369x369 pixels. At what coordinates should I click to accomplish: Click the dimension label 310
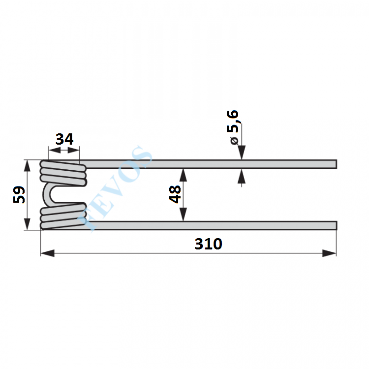tap(208, 244)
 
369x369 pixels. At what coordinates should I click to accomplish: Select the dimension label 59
tap(19, 195)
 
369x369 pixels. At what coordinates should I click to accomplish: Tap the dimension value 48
tap(175, 194)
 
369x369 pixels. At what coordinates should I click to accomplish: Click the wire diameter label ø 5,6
tap(233, 127)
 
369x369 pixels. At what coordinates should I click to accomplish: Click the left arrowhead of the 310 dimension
tap(47, 253)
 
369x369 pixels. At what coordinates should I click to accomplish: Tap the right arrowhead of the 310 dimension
tap(330, 253)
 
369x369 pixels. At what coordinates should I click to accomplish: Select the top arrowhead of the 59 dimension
tap(27, 166)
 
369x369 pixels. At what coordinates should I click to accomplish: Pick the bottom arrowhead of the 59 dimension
tap(27, 224)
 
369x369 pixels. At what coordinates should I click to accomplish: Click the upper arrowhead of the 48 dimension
tap(183, 175)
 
